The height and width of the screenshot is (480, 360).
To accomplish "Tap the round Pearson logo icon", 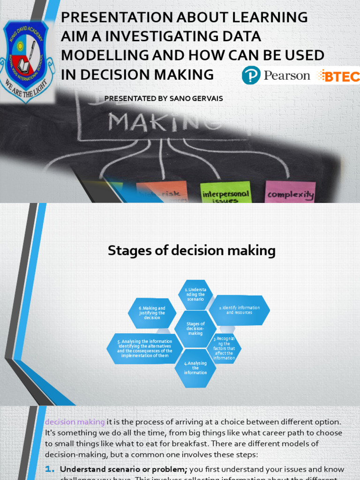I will pyautogui.click(x=251, y=75).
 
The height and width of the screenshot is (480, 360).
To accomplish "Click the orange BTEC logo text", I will pyautogui.click(x=338, y=76).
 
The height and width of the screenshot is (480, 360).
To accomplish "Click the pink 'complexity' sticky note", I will pyautogui.click(x=290, y=194).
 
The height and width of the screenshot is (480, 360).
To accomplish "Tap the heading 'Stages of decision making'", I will pyautogui.click(x=191, y=251).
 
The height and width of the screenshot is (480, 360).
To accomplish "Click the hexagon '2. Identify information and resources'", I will pyautogui.click(x=239, y=310).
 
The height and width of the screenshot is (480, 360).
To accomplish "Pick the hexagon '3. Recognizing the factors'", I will pyautogui.click(x=224, y=348).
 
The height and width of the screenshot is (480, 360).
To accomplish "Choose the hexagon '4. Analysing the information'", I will pyautogui.click(x=195, y=368).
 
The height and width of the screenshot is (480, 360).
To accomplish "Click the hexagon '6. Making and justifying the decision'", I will pyautogui.click(x=152, y=313).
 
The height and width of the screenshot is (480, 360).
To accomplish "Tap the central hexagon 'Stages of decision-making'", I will pyautogui.click(x=195, y=329).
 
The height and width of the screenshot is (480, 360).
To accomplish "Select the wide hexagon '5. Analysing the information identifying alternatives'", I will pyautogui.click(x=144, y=348).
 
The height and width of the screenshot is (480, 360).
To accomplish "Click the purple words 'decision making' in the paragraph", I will pyautogui.click(x=75, y=422).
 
